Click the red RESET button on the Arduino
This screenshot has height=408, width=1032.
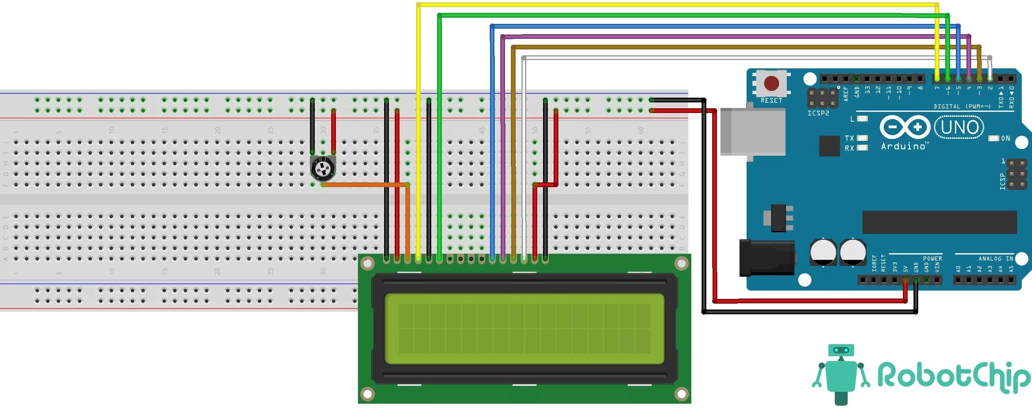[x=771, y=84]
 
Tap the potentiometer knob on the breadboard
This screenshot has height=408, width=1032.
[x=323, y=169]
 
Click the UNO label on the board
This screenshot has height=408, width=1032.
[x=959, y=127]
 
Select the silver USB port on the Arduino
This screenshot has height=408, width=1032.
[x=752, y=131]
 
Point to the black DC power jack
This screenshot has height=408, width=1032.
[x=766, y=258]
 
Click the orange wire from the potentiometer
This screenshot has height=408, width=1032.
[x=365, y=185]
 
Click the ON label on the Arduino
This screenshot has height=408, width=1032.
[x=1006, y=138]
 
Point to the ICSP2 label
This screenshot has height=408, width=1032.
[x=818, y=113]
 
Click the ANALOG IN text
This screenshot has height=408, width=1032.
[x=996, y=259]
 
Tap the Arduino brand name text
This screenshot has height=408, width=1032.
[x=903, y=147]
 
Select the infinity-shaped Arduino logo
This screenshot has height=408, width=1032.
[x=905, y=127]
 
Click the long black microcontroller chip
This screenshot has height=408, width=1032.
[x=939, y=222]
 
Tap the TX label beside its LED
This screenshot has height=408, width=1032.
[x=849, y=138]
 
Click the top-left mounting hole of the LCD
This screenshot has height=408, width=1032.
[x=367, y=263]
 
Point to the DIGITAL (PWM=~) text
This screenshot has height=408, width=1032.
[x=962, y=106]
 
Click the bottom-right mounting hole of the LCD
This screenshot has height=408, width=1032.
[x=681, y=394]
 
